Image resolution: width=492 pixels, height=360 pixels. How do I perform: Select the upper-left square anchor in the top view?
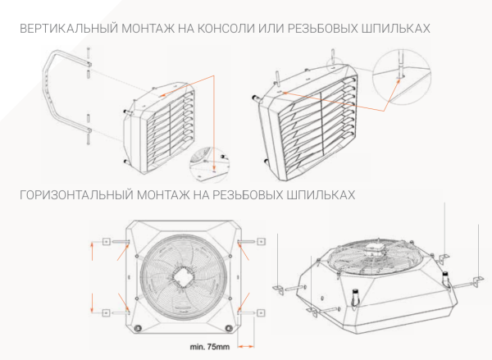[x=106, y=242]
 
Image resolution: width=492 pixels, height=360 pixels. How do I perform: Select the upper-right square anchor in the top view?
[x=260, y=242]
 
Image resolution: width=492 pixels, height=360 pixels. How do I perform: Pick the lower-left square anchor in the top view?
[x=106, y=312]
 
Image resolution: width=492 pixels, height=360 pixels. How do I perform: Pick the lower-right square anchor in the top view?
[x=260, y=312]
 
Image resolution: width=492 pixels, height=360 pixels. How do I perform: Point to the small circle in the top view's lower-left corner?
[x=139, y=327]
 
